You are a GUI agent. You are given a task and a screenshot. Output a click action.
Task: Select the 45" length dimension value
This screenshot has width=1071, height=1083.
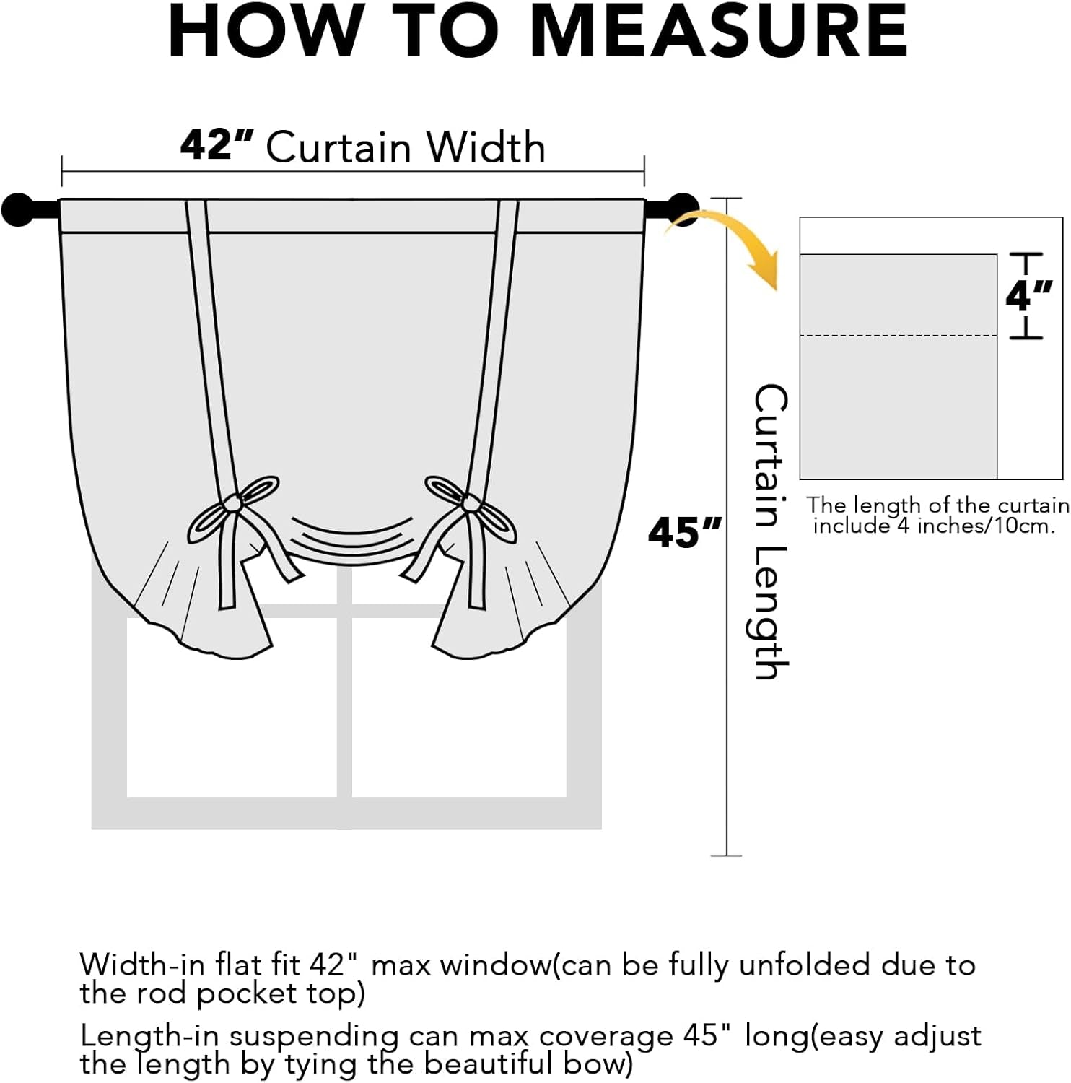pos(683,533)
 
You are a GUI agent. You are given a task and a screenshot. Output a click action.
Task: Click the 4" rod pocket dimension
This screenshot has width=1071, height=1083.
pos(1028,295)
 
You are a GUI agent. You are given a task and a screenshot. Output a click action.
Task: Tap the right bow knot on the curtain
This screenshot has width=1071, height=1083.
pos(470,503)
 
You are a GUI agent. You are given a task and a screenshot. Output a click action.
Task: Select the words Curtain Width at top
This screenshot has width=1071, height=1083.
pos(405,147)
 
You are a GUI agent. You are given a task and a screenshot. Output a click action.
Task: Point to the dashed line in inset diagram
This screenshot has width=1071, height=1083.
pos(898,336)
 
